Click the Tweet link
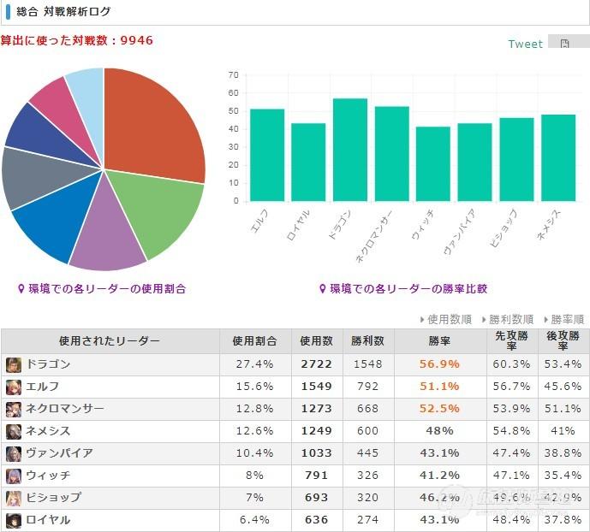pyautogui.click(x=525, y=44)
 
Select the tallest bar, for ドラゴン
pyautogui.click(x=350, y=150)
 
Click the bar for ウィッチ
pyautogui.click(x=433, y=163)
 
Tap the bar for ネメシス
pyautogui.click(x=558, y=157)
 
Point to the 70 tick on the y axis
pyautogui.click(x=234, y=75)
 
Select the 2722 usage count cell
pyautogui.click(x=316, y=364)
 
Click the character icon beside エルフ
pyautogui.click(x=13, y=387)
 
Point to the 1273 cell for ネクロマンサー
pyautogui.click(x=316, y=409)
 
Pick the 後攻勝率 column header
pyautogui.click(x=563, y=340)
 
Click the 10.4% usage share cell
pyautogui.click(x=253, y=453)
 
